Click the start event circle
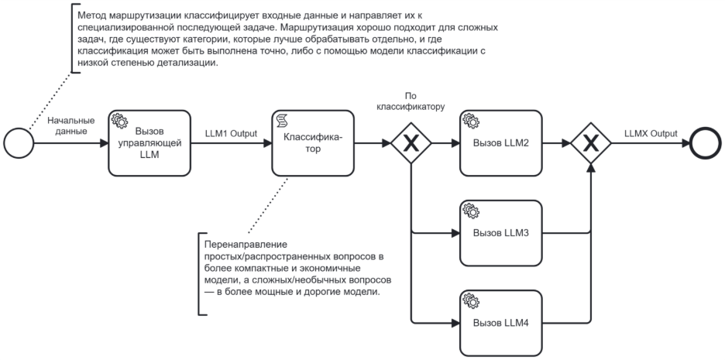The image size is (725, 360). (x=18, y=143)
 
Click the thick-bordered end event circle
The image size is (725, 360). (x=705, y=143)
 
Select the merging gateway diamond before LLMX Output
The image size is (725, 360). (x=591, y=143)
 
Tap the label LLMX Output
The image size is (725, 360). (x=650, y=133)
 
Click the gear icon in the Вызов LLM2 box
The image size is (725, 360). (x=470, y=121)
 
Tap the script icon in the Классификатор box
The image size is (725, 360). (x=282, y=121)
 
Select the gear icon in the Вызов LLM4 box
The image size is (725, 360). (x=470, y=299)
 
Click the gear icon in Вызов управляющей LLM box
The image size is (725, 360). (x=119, y=121)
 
